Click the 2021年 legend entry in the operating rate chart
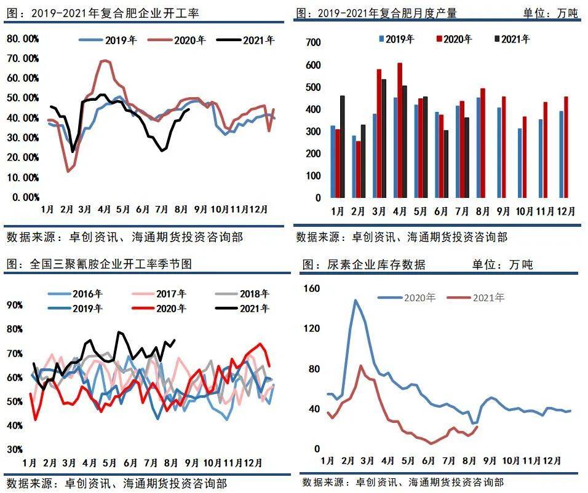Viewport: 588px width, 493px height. click(249, 41)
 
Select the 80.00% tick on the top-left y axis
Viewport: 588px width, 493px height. click(23, 39)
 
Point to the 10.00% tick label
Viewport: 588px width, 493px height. click(23, 177)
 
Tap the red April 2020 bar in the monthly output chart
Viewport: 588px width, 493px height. click(400, 130)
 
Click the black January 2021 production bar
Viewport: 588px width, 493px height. click(342, 147)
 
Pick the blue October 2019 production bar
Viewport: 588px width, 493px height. click(520, 163)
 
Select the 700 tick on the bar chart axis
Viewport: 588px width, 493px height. click(313, 42)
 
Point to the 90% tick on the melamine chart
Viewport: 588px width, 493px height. click(15, 304)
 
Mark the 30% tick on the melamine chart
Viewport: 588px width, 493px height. click(15, 449)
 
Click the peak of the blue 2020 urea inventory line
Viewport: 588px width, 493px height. click(356, 300)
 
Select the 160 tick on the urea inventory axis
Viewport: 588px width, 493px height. click(313, 288)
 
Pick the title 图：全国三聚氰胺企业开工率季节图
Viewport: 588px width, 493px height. click(99, 264)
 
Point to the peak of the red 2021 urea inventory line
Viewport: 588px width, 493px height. click(360, 366)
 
